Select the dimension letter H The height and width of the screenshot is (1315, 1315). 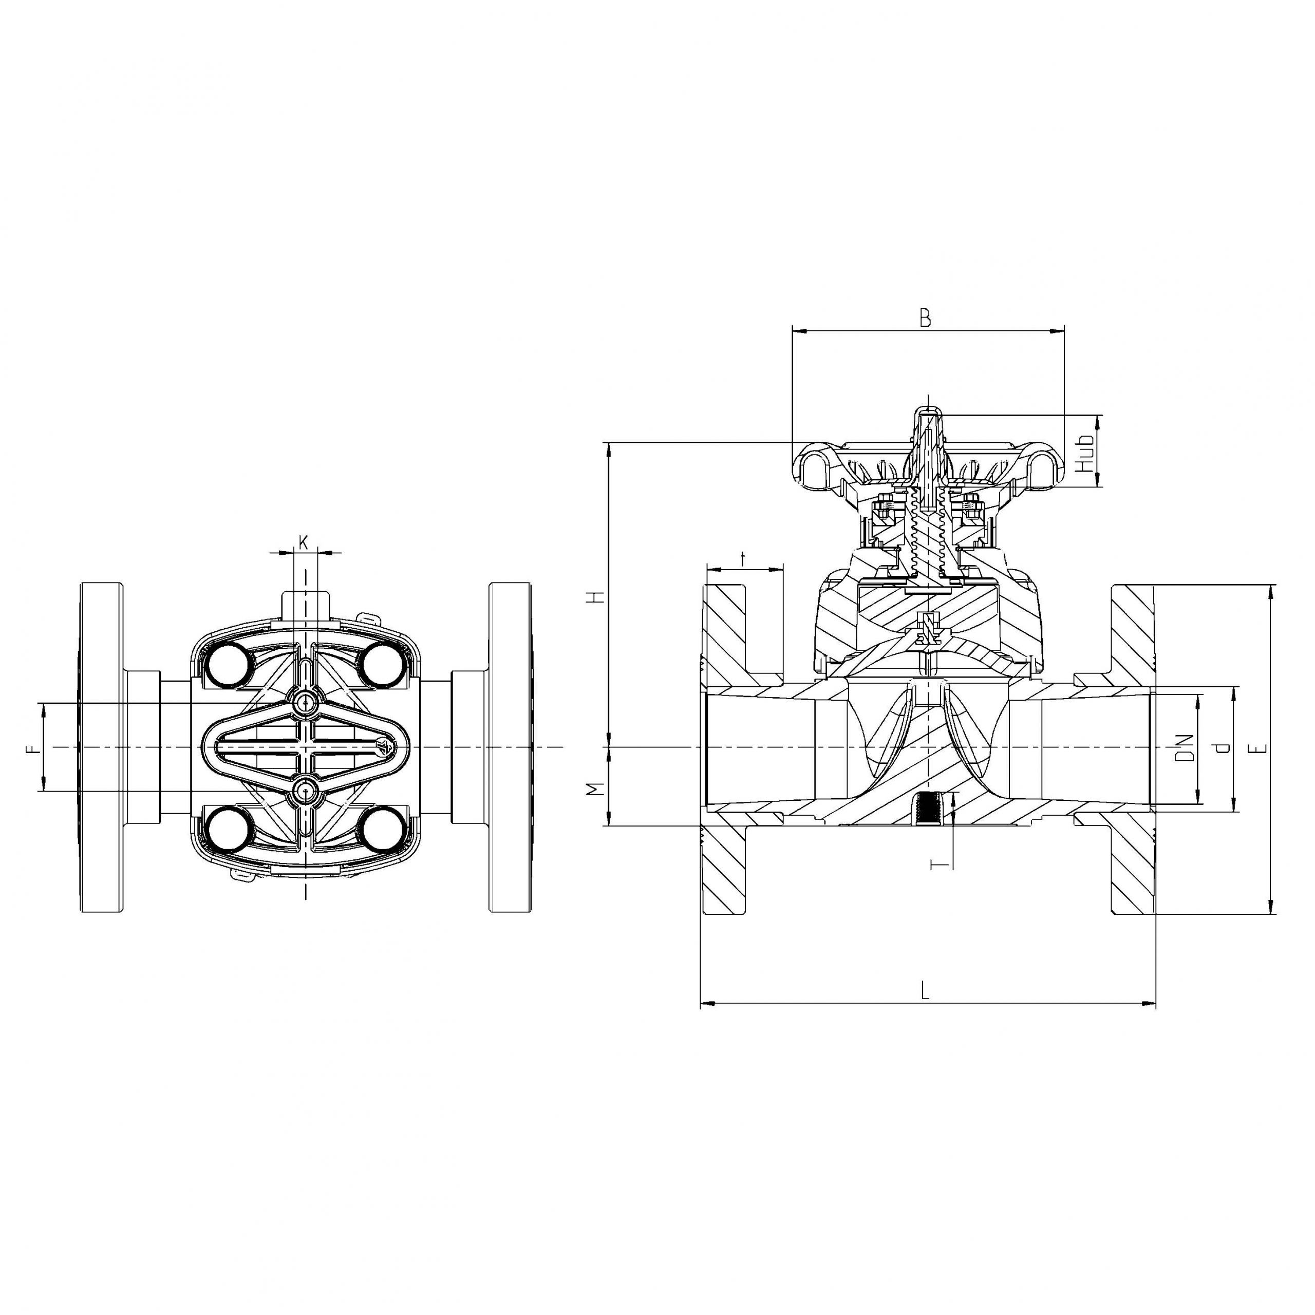(x=597, y=597)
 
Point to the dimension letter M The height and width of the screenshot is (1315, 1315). (x=597, y=789)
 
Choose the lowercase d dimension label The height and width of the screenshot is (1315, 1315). (x=1223, y=748)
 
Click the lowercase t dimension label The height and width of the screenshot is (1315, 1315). (x=743, y=559)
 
